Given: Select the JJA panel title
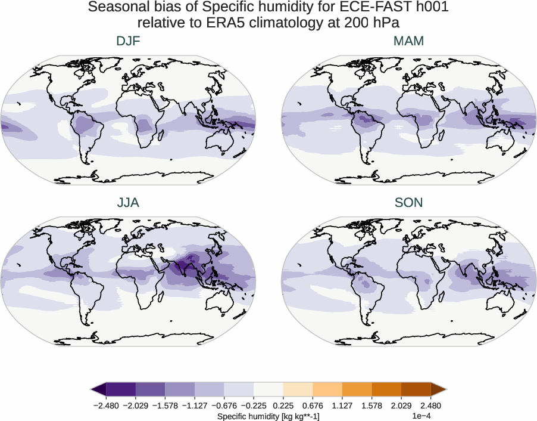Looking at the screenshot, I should pyautogui.click(x=129, y=203).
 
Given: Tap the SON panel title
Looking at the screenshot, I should pyautogui.click(x=408, y=203).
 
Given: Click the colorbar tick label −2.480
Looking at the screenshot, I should pyautogui.click(x=106, y=405).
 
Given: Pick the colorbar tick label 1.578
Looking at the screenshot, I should pyautogui.click(x=371, y=405).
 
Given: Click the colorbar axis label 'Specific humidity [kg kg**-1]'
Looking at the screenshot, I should pyautogui.click(x=268, y=416).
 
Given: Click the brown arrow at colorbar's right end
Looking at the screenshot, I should pyautogui.click(x=438, y=389).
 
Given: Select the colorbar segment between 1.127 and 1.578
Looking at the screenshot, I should pyautogui.click(x=357, y=389).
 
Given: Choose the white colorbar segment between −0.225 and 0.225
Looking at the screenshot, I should pyautogui.click(x=268, y=389).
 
